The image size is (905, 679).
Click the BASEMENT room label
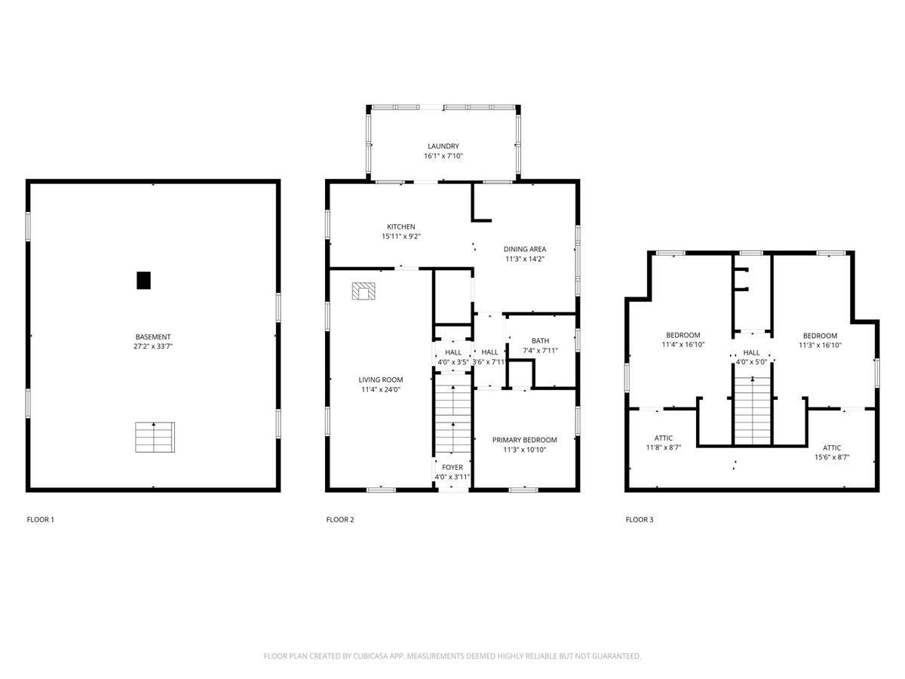(x=153, y=336)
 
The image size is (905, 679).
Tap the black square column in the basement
(x=143, y=280)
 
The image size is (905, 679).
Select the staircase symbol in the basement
(x=155, y=438)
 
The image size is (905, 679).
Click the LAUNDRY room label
(x=443, y=146)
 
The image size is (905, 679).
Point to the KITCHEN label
(x=400, y=227)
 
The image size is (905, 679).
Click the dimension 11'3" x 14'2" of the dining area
(x=525, y=259)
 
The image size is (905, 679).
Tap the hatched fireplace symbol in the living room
(x=364, y=292)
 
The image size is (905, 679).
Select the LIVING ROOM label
(x=381, y=380)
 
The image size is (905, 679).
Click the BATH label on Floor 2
(x=540, y=340)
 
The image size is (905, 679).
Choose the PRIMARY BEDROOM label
(x=524, y=440)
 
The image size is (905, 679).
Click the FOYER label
(x=452, y=468)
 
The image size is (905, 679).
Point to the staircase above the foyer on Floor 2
(x=452, y=419)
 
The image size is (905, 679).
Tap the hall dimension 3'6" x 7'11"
(x=490, y=362)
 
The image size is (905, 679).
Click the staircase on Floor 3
(x=752, y=411)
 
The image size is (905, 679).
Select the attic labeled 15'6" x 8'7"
(x=832, y=457)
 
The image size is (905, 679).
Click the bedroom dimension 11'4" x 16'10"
(x=683, y=345)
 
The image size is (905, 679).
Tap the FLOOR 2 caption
(x=339, y=520)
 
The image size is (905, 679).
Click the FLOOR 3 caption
(x=639, y=520)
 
